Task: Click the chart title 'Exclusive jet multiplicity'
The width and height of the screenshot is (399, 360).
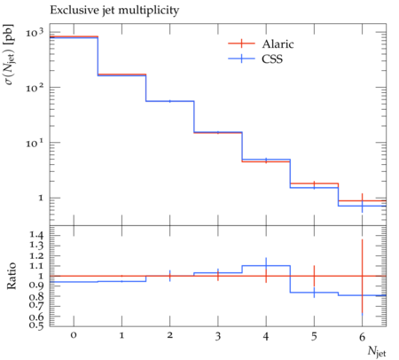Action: (114, 11)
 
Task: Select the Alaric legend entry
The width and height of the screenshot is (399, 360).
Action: (261, 43)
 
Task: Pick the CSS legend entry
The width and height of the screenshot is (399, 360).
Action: (255, 59)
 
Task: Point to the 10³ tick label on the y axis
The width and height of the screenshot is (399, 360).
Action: (35, 33)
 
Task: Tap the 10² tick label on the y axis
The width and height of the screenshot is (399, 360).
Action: (35, 88)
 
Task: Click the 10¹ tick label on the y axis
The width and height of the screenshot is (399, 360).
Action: (35, 143)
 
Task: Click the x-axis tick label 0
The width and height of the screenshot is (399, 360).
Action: (74, 335)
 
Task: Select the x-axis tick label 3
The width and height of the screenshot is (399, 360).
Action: (218, 336)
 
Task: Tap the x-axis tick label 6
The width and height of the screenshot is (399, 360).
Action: (362, 336)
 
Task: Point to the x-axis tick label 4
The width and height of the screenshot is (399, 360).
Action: (266, 336)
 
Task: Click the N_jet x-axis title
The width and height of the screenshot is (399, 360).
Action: (377, 352)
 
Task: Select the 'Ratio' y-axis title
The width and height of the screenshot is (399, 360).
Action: (12, 276)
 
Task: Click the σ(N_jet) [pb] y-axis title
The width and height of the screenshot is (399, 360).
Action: (10, 54)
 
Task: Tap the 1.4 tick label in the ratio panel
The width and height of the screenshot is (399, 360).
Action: (36, 235)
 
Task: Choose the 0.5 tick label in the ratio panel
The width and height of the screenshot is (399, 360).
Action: (36, 325)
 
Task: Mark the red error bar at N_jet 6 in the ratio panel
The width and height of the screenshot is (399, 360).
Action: (362, 276)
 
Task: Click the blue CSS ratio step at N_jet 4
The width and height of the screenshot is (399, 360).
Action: (266, 266)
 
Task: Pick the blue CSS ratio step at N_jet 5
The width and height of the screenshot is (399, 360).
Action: (314, 293)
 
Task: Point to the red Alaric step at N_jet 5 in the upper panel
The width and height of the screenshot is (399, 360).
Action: (314, 184)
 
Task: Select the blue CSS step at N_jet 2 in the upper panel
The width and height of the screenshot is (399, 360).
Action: (170, 101)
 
